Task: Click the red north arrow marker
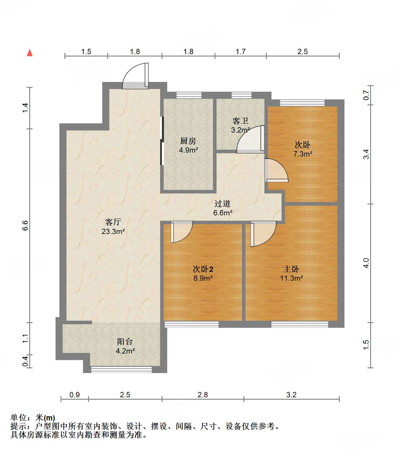(30, 53)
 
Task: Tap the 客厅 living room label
(113, 222)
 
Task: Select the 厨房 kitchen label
(188, 141)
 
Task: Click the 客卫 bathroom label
(240, 121)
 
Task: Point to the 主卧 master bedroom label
(291, 269)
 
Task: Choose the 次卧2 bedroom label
(203, 269)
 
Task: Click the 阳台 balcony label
(125, 342)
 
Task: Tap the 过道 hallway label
(222, 204)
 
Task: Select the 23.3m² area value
(113, 231)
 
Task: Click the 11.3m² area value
(291, 278)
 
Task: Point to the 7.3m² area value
(303, 154)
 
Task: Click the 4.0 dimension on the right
(366, 263)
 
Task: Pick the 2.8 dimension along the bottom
(203, 395)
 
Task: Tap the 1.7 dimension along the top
(240, 52)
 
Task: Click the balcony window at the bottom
(121, 369)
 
